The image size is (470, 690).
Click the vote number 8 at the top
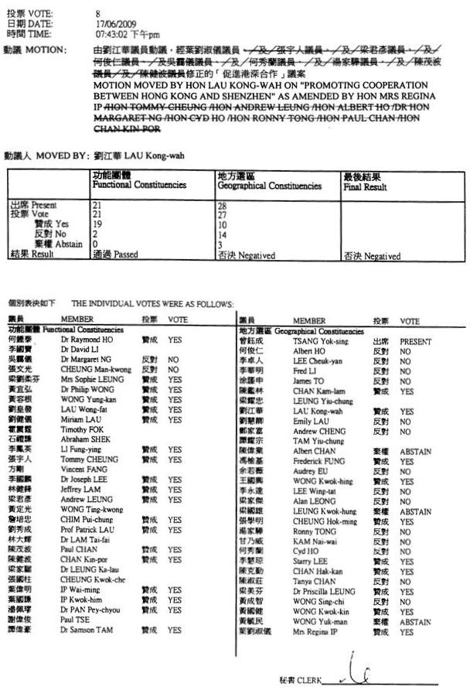[98, 14]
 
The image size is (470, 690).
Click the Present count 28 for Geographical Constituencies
[223, 205]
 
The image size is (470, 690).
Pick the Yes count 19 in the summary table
[97, 222]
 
